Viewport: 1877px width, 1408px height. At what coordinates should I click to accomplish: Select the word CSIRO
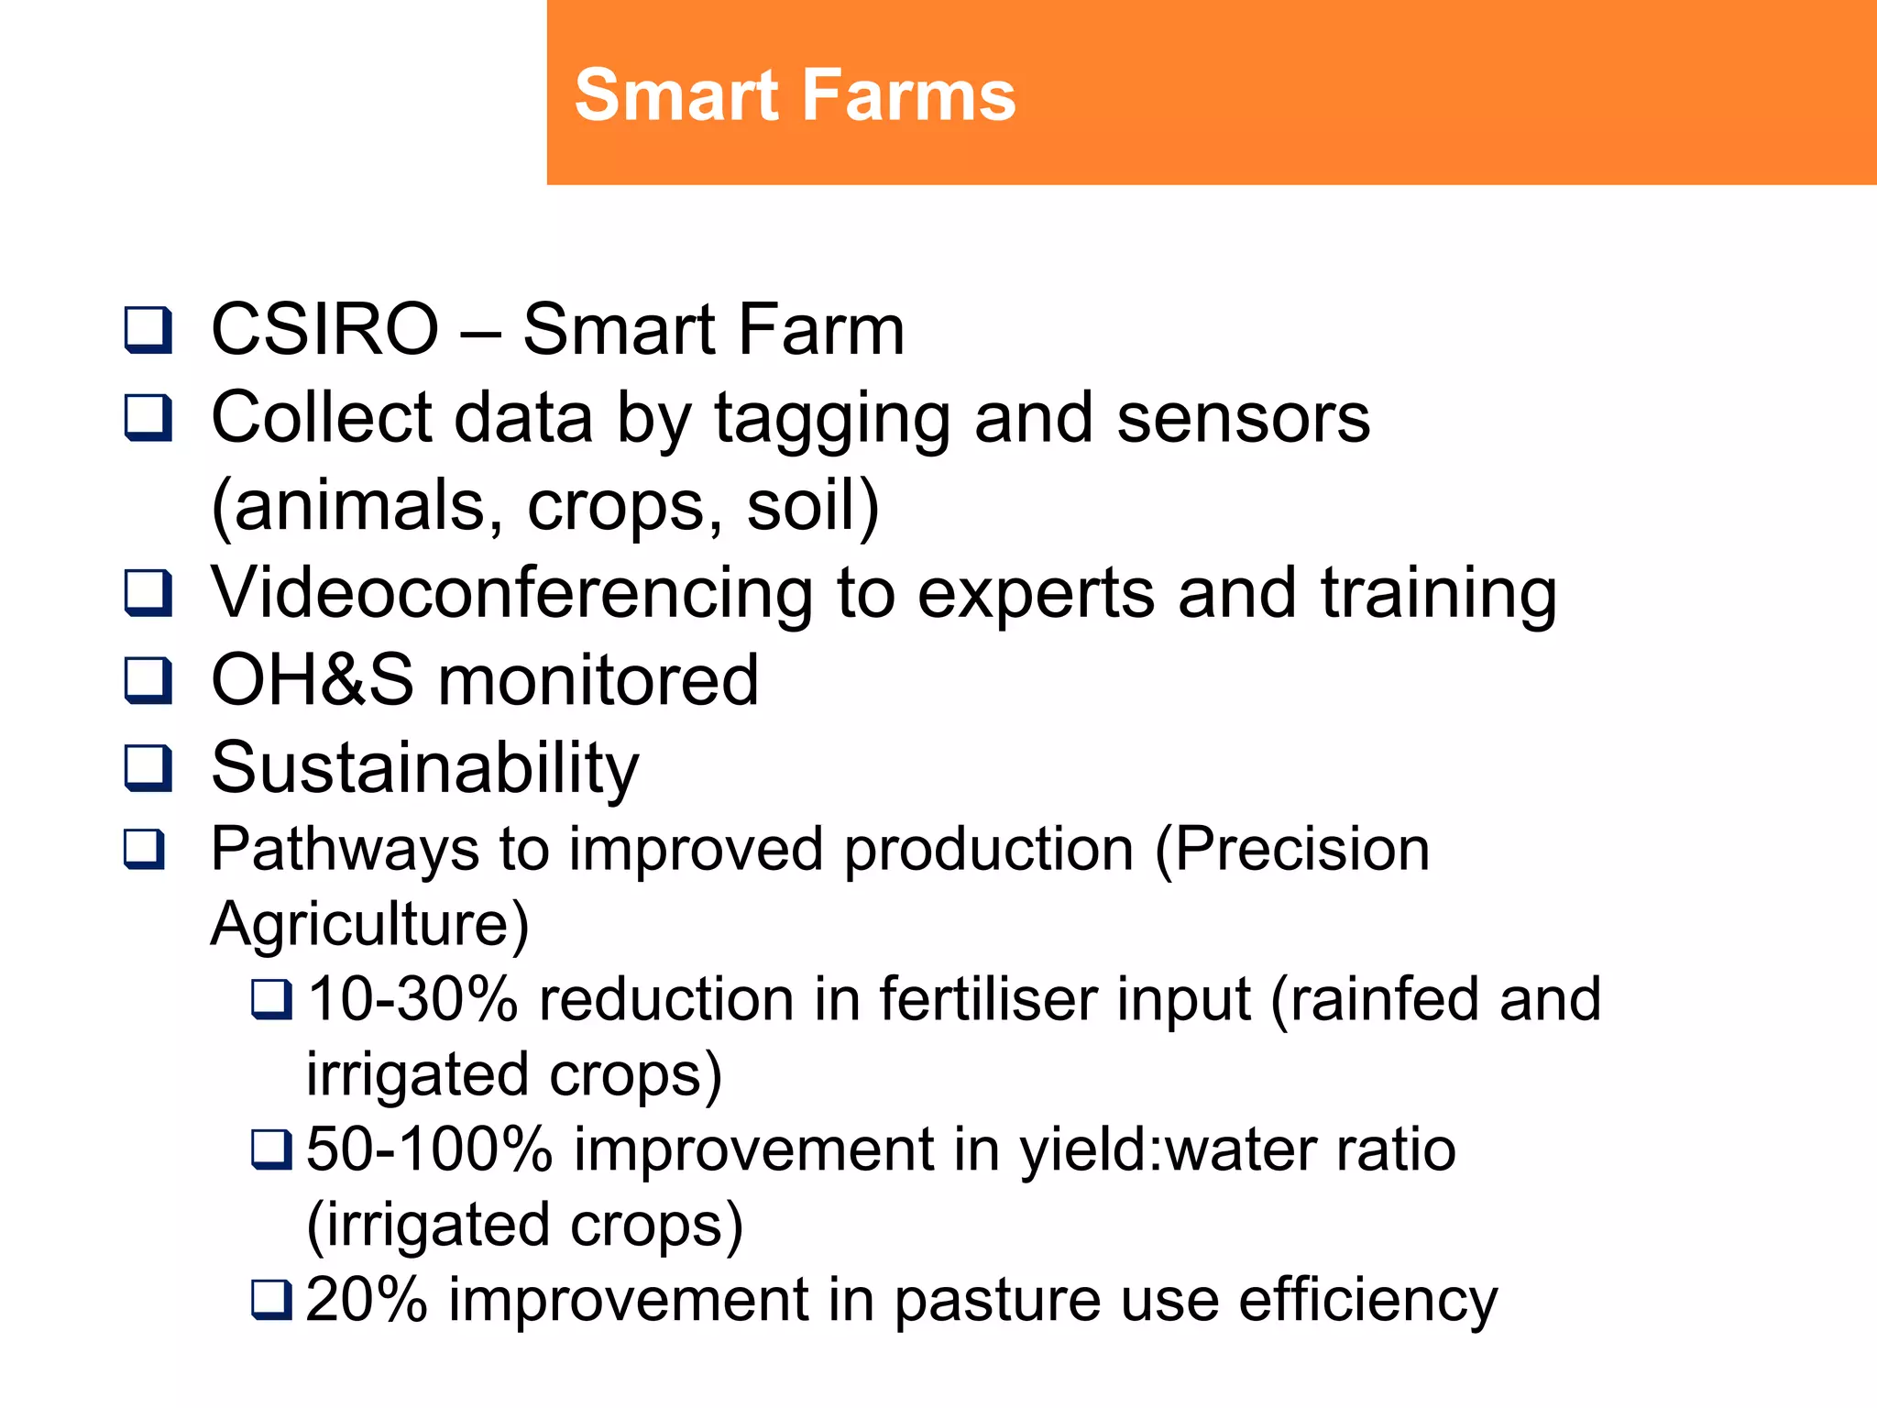[325, 329]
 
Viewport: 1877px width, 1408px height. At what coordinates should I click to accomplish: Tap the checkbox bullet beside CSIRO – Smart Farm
[148, 330]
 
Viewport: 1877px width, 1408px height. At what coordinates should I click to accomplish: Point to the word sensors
[1244, 418]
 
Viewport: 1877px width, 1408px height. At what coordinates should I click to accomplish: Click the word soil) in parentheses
[813, 506]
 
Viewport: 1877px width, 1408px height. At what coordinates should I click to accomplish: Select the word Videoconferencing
[512, 593]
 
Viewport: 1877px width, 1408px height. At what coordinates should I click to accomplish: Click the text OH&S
[312, 680]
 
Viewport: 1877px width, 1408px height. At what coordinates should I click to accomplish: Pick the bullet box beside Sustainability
[148, 767]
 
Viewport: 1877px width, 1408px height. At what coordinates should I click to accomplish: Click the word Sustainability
[425, 768]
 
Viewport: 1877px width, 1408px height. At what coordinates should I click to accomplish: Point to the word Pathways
[345, 850]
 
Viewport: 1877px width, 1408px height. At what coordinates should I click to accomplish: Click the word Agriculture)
[370, 924]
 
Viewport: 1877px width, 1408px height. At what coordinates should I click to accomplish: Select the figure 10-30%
[412, 998]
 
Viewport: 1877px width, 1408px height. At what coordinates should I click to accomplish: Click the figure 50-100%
[429, 1149]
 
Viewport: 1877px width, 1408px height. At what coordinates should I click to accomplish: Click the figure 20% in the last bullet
[366, 1299]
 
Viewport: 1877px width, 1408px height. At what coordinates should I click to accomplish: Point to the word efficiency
[1367, 1301]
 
